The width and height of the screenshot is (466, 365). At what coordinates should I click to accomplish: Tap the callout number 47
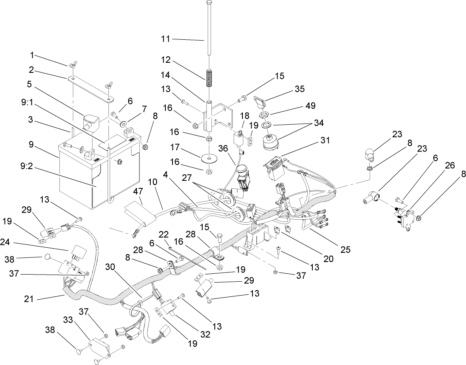(138, 191)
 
